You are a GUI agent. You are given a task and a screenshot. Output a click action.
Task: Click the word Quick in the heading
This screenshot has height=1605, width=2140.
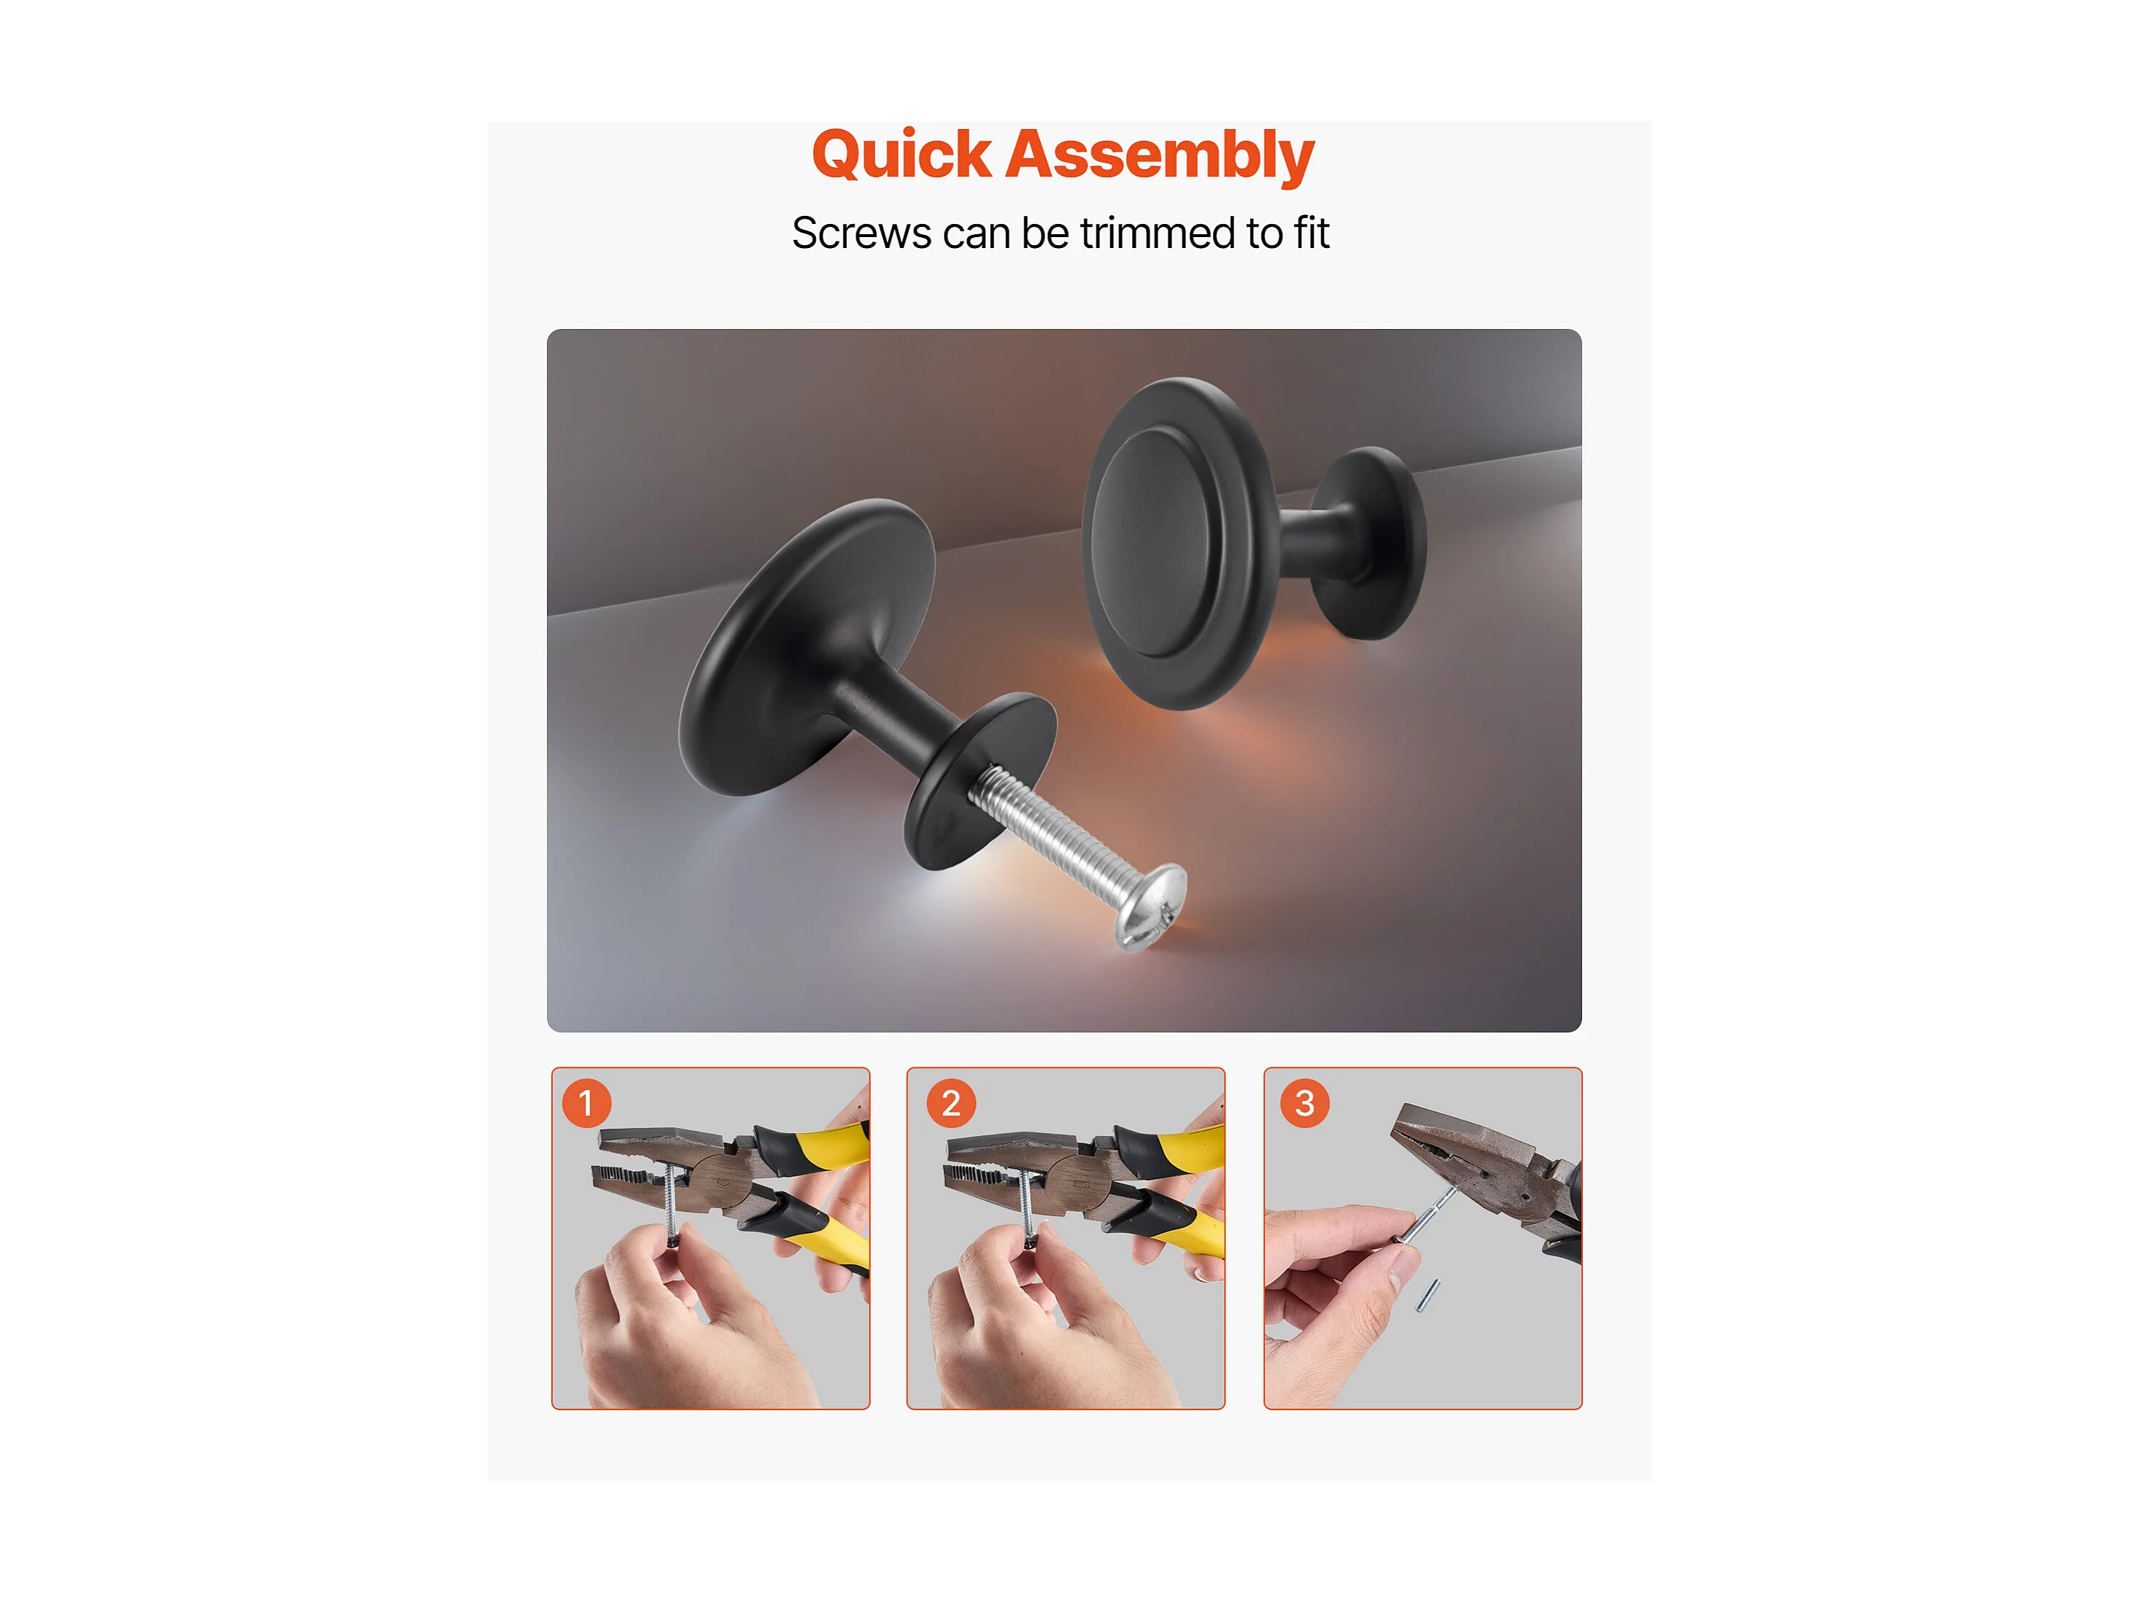click(902, 155)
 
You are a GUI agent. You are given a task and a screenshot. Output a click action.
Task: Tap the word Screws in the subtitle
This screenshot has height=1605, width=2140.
click(861, 233)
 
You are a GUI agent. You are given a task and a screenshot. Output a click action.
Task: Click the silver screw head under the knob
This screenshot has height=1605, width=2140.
click(1151, 907)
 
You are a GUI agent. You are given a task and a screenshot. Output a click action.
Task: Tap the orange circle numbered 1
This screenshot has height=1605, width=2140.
click(586, 1103)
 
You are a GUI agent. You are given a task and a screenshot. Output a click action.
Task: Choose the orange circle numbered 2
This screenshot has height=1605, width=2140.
click(951, 1103)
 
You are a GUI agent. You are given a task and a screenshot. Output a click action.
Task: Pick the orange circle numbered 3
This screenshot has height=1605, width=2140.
click(1305, 1103)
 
